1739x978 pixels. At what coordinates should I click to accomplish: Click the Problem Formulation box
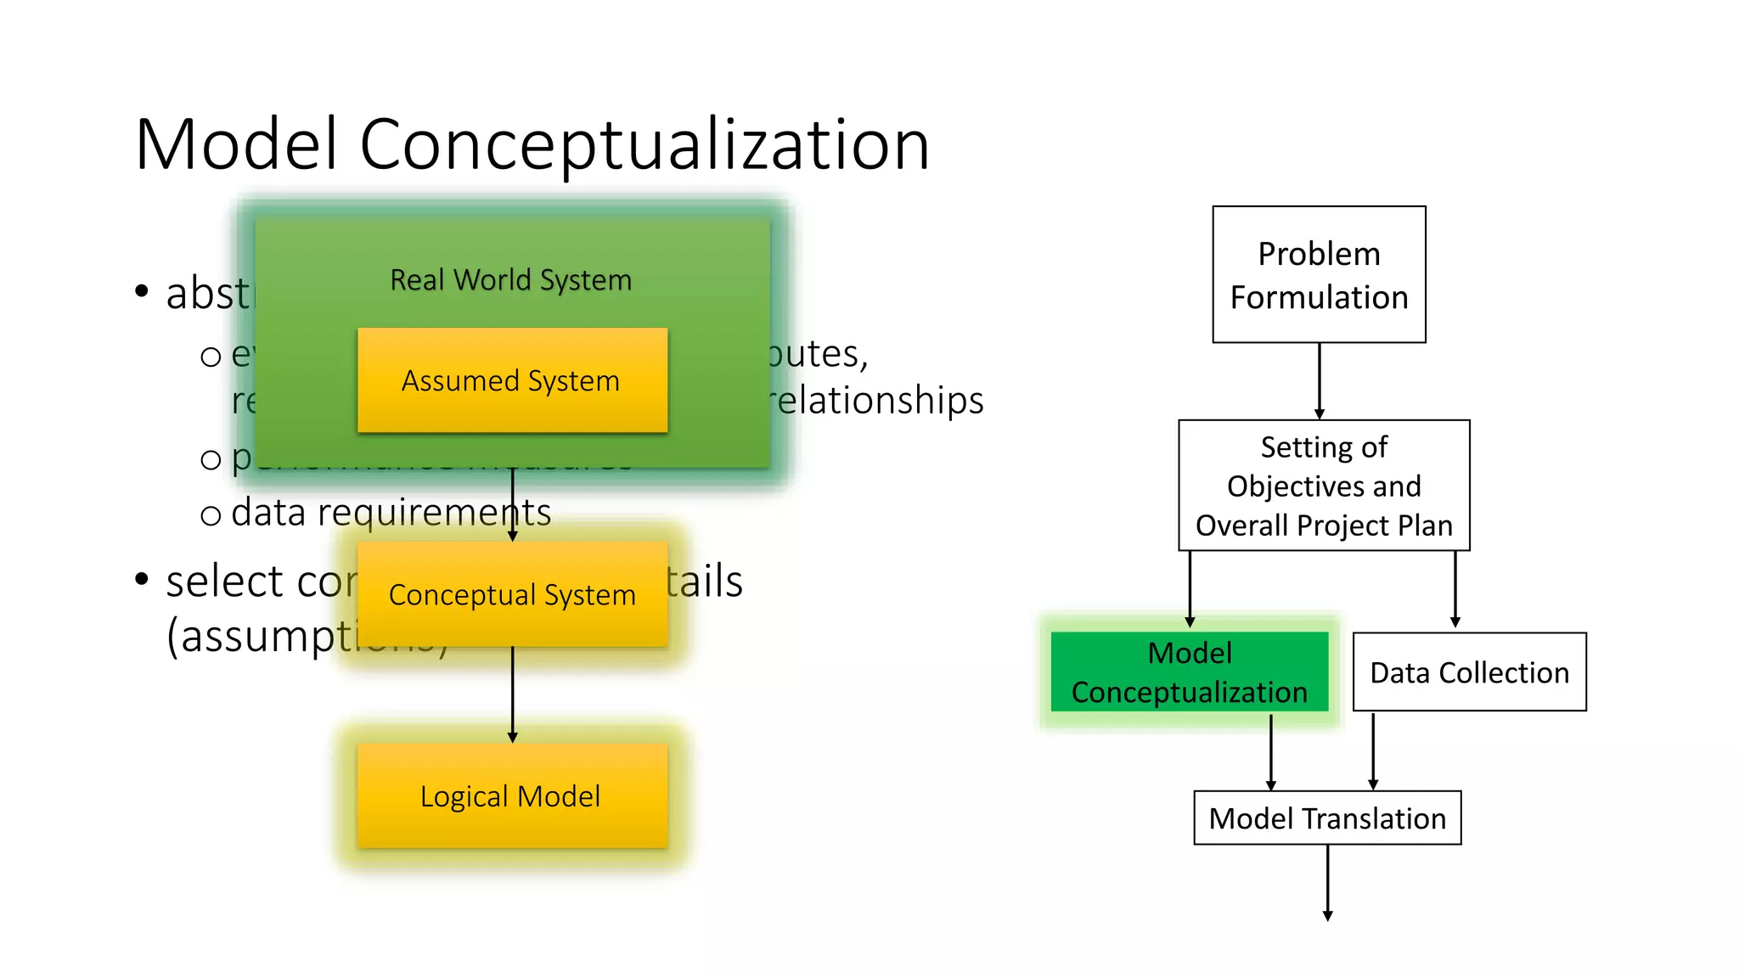(x=1318, y=274)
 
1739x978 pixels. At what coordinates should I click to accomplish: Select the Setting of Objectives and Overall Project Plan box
(x=1323, y=486)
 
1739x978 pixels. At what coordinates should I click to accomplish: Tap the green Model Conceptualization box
(x=1189, y=672)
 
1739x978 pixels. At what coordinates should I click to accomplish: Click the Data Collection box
(x=1469, y=672)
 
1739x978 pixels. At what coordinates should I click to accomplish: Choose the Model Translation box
(x=1326, y=818)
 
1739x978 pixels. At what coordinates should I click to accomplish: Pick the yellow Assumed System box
(x=512, y=380)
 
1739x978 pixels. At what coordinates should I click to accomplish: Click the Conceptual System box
(x=512, y=594)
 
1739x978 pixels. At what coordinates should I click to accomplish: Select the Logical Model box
(x=512, y=795)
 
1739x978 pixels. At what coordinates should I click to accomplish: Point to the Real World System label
(x=510, y=279)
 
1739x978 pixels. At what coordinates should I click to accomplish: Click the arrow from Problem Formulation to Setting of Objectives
(x=1319, y=380)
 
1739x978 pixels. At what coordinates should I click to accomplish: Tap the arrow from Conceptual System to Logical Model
(x=512, y=694)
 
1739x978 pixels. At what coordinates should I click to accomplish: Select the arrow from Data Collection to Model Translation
(x=1373, y=750)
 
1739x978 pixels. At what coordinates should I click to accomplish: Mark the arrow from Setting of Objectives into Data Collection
(x=1455, y=589)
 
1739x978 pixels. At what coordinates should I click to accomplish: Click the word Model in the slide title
(x=236, y=144)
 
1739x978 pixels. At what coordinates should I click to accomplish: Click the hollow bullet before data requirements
(x=211, y=515)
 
